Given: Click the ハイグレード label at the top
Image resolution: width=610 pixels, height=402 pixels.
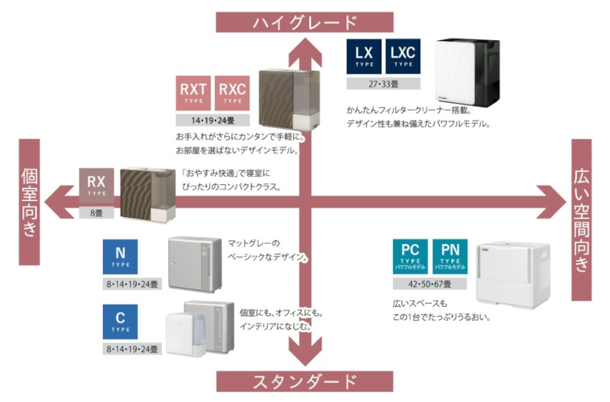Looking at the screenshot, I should tap(305, 21).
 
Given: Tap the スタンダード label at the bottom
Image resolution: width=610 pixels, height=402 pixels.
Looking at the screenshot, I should tap(305, 381).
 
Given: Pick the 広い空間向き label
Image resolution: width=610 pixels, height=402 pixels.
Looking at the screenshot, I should tap(582, 219).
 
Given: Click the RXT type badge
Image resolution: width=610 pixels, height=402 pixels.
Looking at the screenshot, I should tap(194, 94).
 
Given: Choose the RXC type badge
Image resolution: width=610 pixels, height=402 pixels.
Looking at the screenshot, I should tap(232, 94).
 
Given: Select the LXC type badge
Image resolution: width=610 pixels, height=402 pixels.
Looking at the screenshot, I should tap(403, 56).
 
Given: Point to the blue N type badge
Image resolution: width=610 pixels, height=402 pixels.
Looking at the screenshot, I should tap(121, 257).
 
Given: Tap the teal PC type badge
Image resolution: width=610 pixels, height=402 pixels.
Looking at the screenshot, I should tap(410, 257).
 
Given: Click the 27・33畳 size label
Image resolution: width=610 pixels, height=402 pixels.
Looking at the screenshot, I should tap(384, 83).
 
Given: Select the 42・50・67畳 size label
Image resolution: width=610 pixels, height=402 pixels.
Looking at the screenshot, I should tap(431, 284).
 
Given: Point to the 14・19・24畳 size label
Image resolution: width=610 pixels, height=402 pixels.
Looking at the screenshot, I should tap(212, 121).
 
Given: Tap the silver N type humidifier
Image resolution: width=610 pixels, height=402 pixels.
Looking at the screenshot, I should tap(195, 262).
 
